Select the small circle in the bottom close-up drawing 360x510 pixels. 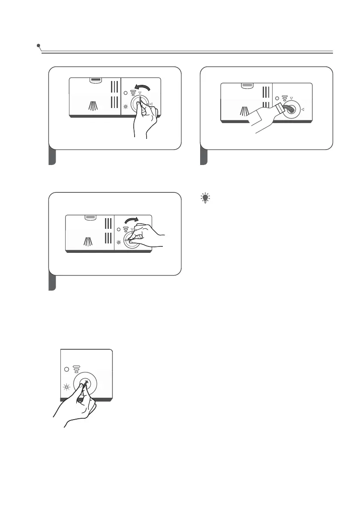pyautogui.click(x=66, y=369)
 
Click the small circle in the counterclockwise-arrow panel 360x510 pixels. pyautogui.click(x=125, y=93)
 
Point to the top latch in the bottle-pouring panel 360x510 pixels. pyautogui.click(x=246, y=85)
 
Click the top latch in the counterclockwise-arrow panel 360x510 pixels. pyautogui.click(x=95, y=80)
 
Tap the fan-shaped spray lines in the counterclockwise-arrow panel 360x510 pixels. pyautogui.click(x=93, y=105)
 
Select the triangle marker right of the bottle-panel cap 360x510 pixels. pyautogui.click(x=303, y=110)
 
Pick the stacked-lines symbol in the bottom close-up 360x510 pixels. pyautogui.click(x=77, y=369)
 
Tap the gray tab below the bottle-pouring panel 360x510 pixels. pyautogui.click(x=204, y=157)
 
